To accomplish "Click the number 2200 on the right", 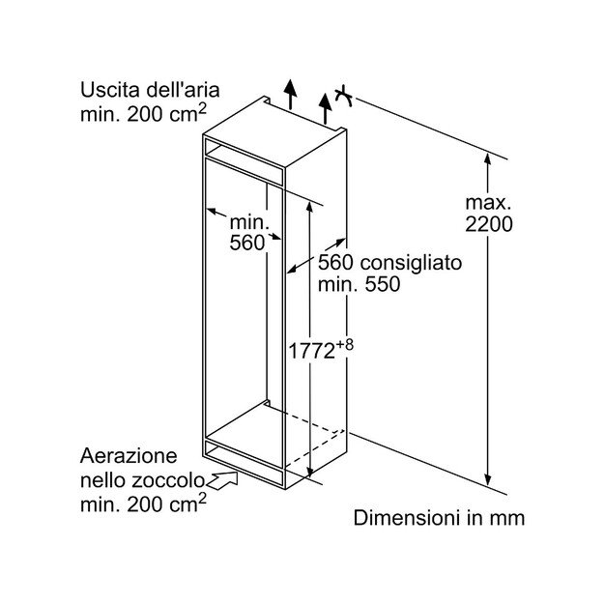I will coord(488,225).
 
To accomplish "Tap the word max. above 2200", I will coord(487,203).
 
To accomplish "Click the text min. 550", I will coord(359,285).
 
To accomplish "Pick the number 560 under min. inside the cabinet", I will coord(247,244).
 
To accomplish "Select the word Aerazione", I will coord(129,455).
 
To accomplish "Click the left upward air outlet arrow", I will coord(288,94).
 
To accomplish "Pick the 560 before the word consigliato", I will coord(335,262).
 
